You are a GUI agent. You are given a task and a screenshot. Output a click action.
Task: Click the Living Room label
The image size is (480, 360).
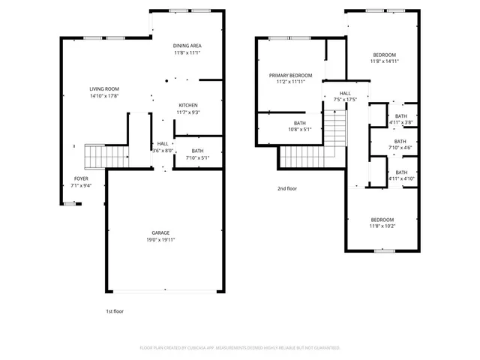point(104,89)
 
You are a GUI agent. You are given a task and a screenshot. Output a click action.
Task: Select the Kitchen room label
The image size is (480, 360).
point(188,105)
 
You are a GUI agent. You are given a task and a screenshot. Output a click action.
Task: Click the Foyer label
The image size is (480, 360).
point(80,178)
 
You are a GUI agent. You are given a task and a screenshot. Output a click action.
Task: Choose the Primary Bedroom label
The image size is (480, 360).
point(291,75)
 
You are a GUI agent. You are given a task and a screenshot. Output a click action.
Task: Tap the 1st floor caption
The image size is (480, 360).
point(114,310)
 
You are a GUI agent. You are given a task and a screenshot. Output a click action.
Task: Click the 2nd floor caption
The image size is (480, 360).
point(287,188)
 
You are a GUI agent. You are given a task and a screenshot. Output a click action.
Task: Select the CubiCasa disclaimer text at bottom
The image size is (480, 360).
point(240,348)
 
